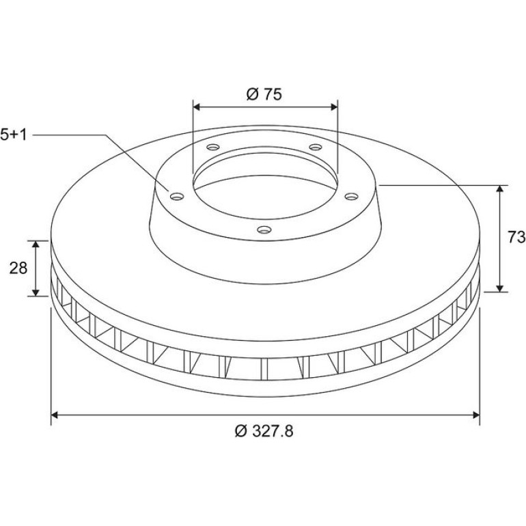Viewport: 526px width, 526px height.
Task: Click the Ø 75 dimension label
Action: click(264, 94)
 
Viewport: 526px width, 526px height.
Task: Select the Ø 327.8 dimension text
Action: click(264, 431)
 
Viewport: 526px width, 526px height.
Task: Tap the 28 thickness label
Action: click(18, 268)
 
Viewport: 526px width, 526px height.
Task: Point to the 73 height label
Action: click(516, 238)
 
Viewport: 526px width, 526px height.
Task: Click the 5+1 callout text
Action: click(13, 135)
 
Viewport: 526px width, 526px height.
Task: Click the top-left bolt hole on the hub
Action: click(213, 147)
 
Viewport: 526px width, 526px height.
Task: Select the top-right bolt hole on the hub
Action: click(316, 147)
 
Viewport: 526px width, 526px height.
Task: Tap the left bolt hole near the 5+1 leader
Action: click(177, 196)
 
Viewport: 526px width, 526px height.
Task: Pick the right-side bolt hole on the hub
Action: click(352, 196)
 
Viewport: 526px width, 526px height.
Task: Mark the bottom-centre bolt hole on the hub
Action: click(264, 230)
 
